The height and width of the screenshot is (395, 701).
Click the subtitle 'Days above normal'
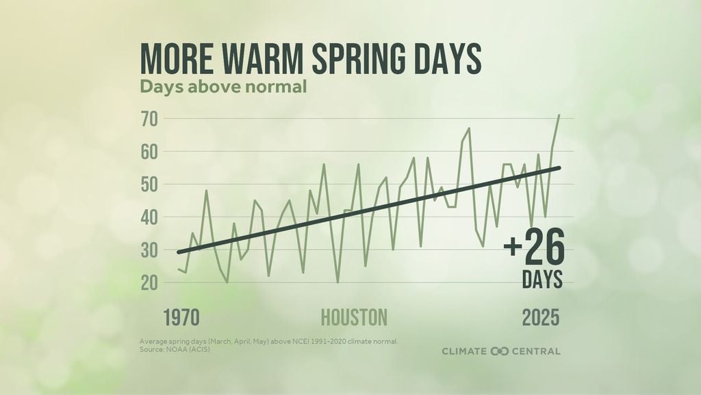coord(222,88)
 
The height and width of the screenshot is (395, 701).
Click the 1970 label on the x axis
coord(181,318)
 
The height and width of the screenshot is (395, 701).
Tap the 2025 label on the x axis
coord(541,318)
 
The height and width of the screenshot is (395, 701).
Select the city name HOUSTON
coord(354,318)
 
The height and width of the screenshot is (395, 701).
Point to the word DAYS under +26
coord(543,279)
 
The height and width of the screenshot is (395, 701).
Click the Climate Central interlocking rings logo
coord(500,351)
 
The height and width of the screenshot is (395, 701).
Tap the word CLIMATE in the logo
coord(464,351)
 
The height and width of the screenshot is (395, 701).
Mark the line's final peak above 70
coord(559,115)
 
